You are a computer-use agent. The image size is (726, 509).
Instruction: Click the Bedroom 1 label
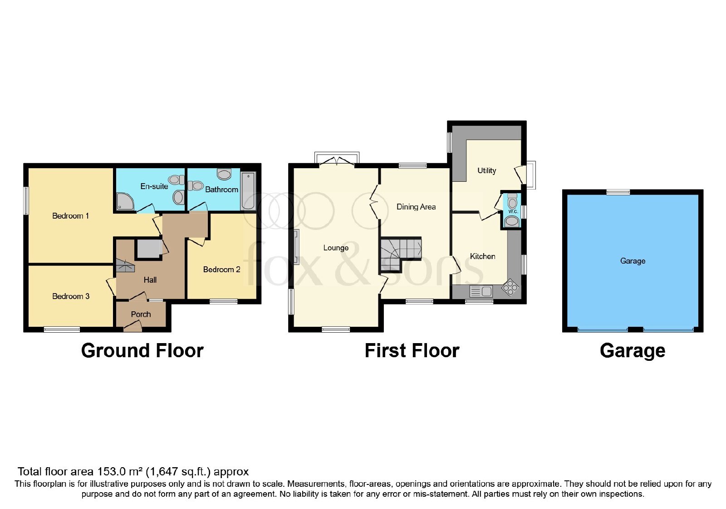click(70, 216)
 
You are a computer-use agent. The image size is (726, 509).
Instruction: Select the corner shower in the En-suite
click(125, 201)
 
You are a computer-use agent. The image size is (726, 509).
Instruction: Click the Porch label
click(141, 314)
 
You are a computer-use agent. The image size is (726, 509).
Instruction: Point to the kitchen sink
click(481, 291)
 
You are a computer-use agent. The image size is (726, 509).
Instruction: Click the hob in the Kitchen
click(510, 287)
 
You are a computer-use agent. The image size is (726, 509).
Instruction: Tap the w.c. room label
click(513, 212)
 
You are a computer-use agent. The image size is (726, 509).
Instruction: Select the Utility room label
click(486, 171)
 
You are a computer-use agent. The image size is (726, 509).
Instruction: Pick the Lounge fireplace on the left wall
click(297, 247)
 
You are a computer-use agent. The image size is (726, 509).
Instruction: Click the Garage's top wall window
click(618, 192)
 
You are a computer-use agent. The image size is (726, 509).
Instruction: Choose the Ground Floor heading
click(142, 351)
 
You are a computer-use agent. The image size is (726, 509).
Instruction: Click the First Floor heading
click(412, 351)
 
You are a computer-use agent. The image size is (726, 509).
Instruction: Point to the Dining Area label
click(416, 207)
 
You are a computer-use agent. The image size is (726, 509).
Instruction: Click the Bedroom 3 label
click(71, 296)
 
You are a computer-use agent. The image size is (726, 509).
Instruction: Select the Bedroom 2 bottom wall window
click(223, 302)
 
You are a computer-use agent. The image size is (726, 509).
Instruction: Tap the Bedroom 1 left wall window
click(26, 200)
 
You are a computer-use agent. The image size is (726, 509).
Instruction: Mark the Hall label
click(150, 280)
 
